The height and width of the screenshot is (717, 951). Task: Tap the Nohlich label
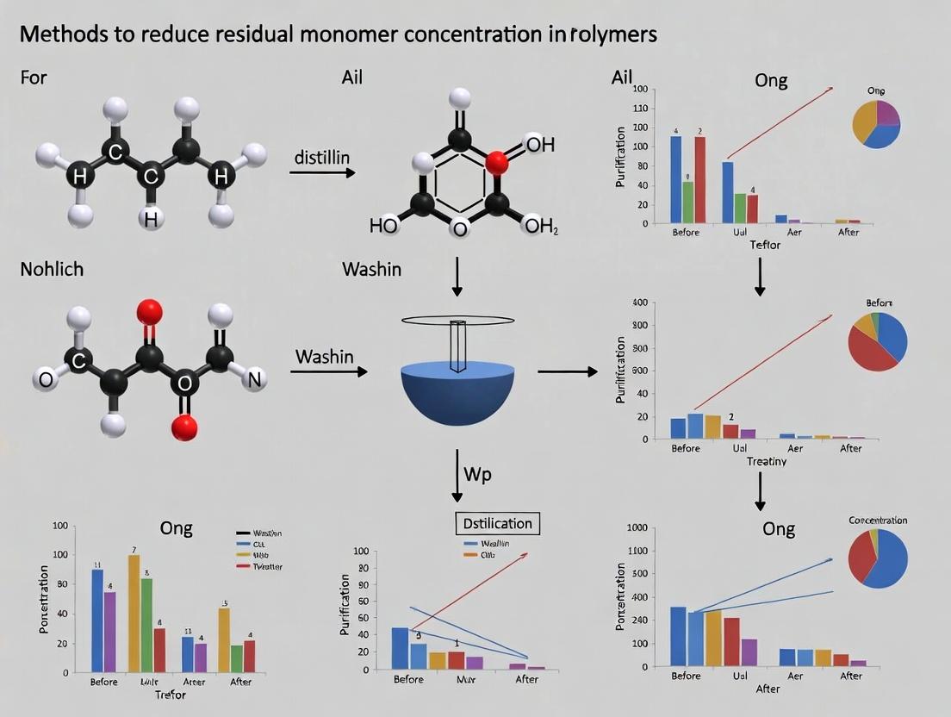point(52,269)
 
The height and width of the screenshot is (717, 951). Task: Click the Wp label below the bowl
point(478,475)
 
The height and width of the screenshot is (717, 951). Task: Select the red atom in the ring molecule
point(494,161)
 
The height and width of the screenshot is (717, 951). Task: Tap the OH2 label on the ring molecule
point(541,227)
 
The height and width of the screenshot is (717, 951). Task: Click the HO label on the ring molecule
point(383,227)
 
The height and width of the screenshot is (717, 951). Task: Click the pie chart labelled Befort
point(878,341)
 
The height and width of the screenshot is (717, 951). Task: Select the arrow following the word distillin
point(322,173)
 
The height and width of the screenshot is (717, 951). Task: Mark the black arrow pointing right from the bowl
point(567,371)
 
